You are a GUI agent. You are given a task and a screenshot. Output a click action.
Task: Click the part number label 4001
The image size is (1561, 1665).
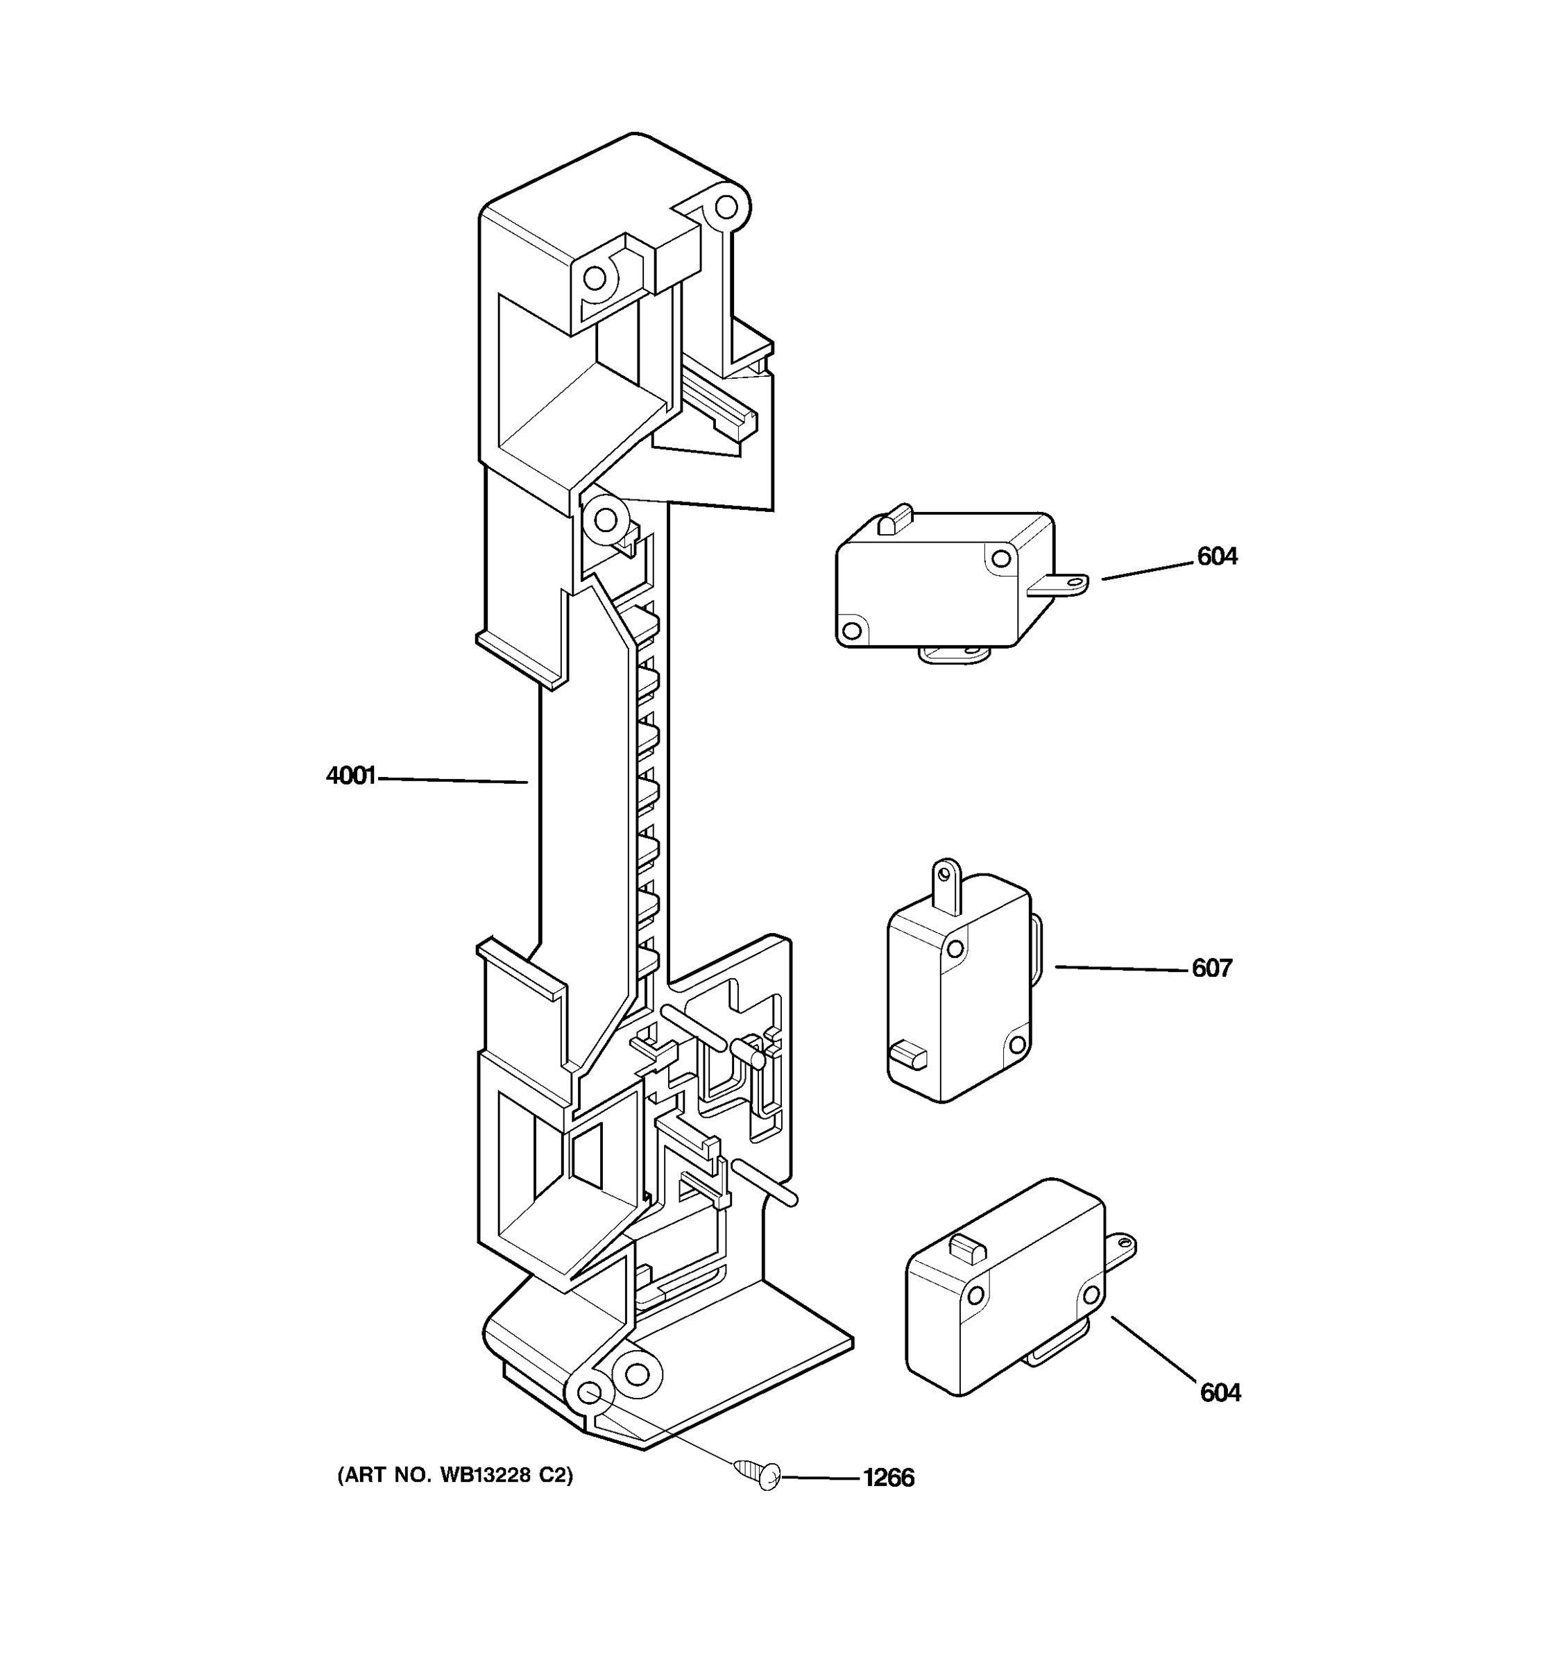click(350, 776)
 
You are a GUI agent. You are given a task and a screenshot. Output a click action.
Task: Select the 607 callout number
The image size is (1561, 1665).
click(1212, 968)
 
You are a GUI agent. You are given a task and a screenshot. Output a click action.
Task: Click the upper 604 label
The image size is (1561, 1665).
click(1217, 556)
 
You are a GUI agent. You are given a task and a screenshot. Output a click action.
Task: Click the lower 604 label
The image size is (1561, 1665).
click(1220, 1393)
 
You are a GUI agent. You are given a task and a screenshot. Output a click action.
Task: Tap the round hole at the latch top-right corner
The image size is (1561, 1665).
click(726, 206)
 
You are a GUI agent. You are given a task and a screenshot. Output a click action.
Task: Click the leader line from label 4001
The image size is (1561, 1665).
click(452, 780)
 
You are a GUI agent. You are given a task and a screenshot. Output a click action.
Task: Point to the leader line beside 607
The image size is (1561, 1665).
click(1122, 968)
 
